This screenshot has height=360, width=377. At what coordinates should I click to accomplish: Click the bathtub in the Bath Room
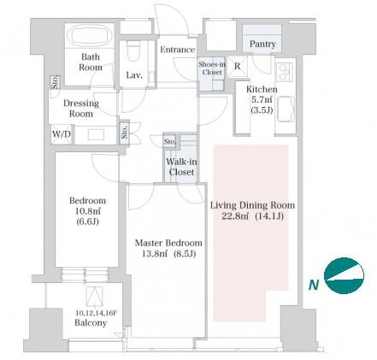(90, 36)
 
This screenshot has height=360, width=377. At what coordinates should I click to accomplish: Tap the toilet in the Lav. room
(133, 50)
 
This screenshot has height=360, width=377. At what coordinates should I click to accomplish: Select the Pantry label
(262, 44)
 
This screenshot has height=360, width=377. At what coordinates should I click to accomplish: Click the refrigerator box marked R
(237, 67)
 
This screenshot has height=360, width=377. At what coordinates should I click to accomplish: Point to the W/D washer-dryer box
(62, 134)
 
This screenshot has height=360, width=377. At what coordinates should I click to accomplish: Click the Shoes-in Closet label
(212, 68)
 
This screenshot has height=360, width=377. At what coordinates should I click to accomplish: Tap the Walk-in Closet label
(181, 167)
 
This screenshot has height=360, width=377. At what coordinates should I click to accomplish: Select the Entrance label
(177, 50)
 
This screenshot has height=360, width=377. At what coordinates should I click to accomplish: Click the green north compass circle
(345, 275)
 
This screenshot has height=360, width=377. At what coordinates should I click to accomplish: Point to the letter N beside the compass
(314, 285)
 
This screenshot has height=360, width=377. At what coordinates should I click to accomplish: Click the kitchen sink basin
(286, 109)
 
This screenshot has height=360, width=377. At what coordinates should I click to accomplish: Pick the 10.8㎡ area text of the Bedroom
(87, 211)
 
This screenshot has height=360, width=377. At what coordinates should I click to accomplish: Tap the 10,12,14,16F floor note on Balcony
(97, 313)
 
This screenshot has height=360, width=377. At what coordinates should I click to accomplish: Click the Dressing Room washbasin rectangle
(96, 134)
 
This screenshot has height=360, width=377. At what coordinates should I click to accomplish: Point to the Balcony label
(91, 323)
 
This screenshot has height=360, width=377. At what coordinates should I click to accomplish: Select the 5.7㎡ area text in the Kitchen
(262, 99)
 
